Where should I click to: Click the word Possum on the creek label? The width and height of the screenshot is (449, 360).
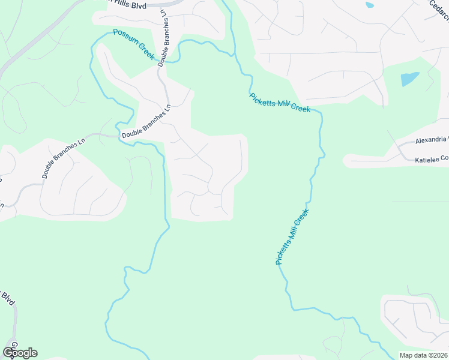pos(124,38)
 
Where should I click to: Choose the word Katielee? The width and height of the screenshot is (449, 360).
pos(427,160)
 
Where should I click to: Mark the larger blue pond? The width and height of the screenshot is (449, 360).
pos(409,79)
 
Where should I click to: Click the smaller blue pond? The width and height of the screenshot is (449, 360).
pos(369,5)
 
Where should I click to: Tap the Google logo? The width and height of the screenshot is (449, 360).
pos(20,352)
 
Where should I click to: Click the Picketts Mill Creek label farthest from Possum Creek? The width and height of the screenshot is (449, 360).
pos(292,236)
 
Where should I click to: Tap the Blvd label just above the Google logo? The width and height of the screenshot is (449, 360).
pos(8,298)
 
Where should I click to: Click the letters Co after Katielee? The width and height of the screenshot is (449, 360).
pos(444,159)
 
